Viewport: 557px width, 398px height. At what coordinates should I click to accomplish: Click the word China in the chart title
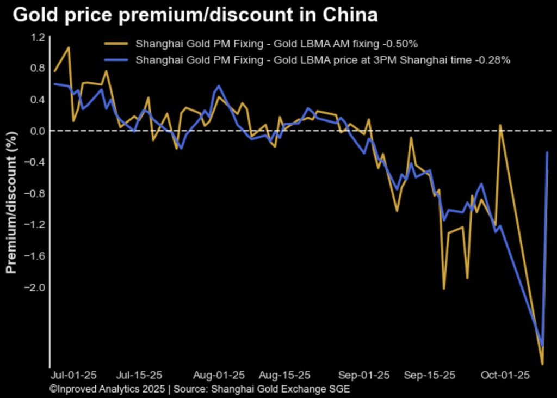pos(351,15)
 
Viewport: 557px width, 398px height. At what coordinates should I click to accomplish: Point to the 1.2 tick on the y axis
pos(38,38)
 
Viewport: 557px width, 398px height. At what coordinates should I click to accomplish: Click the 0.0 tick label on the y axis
pos(38,131)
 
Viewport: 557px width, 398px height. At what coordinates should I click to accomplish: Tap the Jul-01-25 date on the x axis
pos(73,375)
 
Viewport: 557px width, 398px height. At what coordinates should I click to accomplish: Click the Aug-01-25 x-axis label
pos(219,375)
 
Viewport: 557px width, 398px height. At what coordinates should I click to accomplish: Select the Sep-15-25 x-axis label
pos(430,375)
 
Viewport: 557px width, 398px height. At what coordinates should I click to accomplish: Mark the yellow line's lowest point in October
pos(542,364)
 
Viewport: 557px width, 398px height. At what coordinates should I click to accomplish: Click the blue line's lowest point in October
pos(542,346)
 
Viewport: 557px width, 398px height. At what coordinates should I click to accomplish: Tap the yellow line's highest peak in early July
pos(69,47)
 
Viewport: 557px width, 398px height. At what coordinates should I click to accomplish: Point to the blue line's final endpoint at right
pos(547,152)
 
